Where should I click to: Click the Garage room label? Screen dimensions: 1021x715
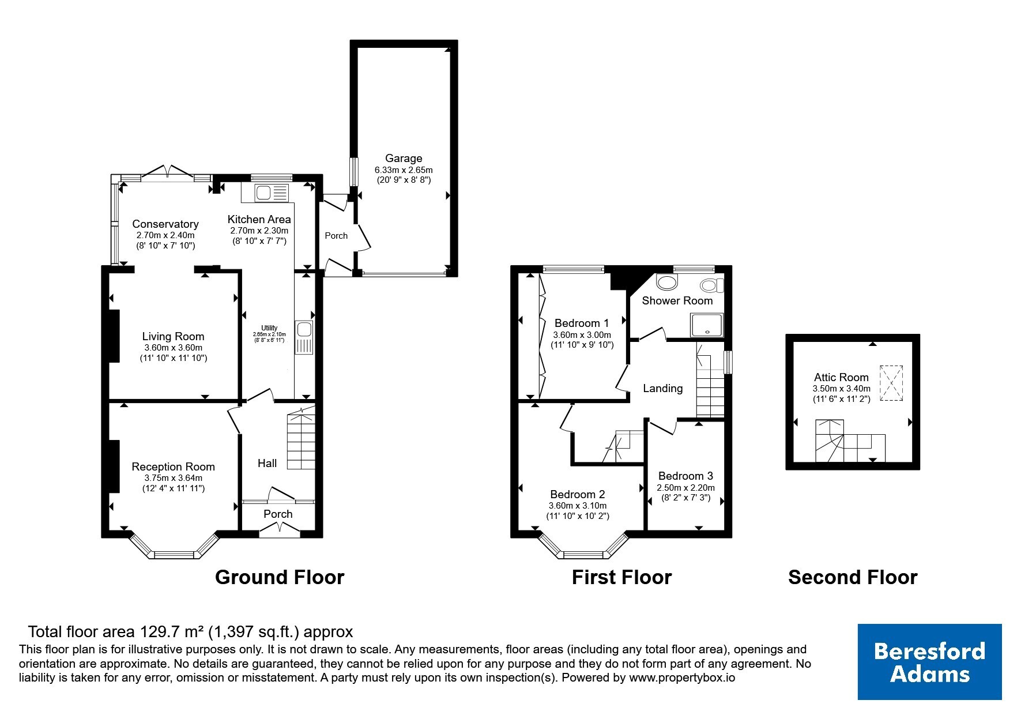point(404,158)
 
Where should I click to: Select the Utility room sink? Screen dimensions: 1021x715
point(303,338)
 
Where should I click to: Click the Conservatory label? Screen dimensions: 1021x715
point(165,224)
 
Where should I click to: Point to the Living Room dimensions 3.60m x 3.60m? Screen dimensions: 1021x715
point(174,348)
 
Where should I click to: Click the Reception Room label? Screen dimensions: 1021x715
point(173,466)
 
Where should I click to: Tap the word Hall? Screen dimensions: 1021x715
point(267,463)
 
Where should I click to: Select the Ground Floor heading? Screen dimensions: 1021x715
point(280,577)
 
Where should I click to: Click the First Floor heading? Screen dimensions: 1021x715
point(621,577)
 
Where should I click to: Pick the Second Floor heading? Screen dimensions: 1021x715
point(853,577)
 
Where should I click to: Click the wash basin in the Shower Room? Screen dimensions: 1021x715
point(668,283)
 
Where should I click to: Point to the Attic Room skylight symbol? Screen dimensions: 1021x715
point(891,383)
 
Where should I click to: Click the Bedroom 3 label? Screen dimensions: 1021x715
point(685,476)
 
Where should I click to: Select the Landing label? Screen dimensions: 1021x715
point(663,389)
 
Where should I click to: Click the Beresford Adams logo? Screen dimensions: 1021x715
point(929,662)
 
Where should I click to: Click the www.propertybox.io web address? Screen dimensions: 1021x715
point(682,678)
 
